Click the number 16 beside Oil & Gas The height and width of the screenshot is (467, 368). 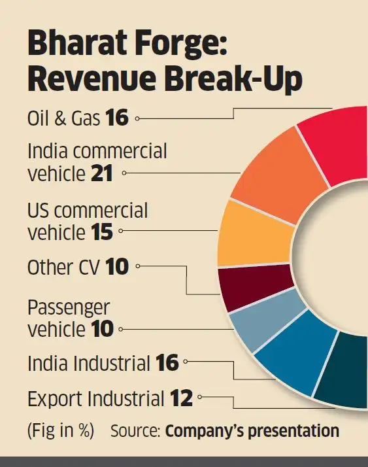click(117, 117)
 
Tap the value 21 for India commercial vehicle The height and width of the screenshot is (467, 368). click(101, 173)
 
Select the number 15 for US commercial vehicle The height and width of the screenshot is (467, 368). click(102, 232)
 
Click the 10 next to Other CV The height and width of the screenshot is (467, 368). click(117, 267)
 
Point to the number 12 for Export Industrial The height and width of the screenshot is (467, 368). click(181, 398)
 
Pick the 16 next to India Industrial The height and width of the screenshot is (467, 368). click(167, 363)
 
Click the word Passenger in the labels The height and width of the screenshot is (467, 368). click(69, 308)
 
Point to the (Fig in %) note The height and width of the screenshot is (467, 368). click(60, 430)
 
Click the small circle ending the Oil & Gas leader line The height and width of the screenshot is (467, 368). click(137, 118)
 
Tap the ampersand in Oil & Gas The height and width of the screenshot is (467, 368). click(59, 118)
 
